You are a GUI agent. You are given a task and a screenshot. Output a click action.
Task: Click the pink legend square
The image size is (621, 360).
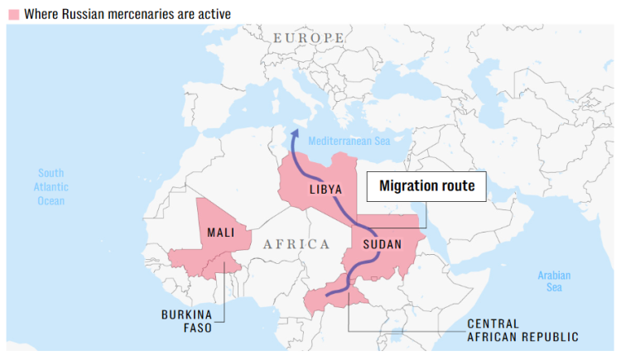pos(13,14)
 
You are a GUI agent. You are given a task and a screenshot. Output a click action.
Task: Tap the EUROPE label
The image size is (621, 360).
pos(308,38)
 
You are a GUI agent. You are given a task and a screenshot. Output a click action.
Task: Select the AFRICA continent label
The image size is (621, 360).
pos(296,243)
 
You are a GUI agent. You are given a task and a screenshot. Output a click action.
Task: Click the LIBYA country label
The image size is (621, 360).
pos(325,189)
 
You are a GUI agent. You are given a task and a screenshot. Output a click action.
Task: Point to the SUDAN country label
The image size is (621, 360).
pos(382,244)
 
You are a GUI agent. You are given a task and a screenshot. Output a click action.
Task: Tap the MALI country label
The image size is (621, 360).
pos(221,233)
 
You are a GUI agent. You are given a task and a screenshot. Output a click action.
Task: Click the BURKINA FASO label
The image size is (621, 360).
pos(187,321)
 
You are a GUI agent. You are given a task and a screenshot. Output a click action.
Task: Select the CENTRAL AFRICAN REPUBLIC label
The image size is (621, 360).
pos(522,329)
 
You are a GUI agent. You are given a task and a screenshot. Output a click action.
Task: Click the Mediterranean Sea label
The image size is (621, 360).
pos(349,142)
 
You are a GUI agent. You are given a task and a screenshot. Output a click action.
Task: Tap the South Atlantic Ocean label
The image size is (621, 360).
pos(51,186)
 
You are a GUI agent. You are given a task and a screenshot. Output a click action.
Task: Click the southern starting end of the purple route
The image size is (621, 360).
pos(329,294)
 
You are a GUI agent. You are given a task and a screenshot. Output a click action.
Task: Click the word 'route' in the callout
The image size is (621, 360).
pos(459,186)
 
